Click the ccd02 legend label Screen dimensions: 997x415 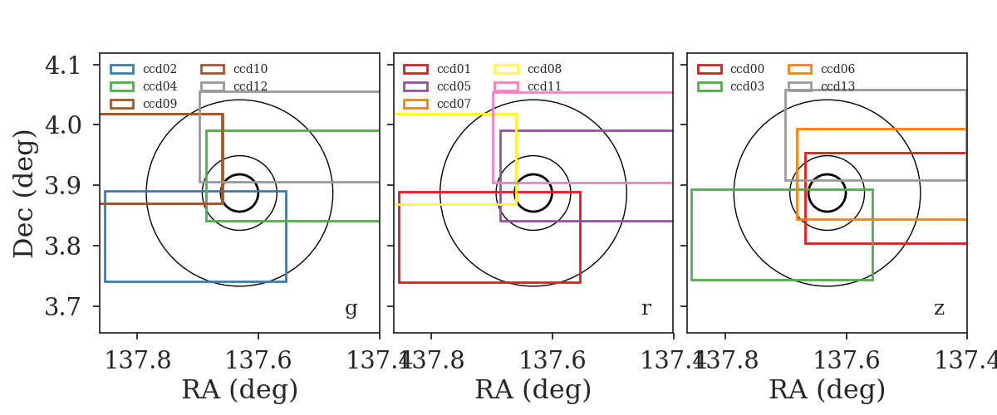tap(160, 69)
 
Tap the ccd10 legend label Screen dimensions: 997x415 tap(251, 69)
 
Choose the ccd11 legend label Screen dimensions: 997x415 tap(544, 86)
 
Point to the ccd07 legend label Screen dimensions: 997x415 tap(454, 104)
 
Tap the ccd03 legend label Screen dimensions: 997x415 tap(747, 86)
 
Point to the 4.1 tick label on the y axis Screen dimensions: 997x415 tap(63, 66)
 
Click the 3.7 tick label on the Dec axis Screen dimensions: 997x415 tap(63, 307)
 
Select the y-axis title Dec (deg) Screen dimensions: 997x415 tap(23, 193)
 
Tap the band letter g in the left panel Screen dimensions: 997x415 tap(351, 308)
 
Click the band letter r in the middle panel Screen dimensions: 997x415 tap(646, 308)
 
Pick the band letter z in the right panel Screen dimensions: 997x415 tap(939, 308)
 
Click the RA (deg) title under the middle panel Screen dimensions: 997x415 tap(533, 390)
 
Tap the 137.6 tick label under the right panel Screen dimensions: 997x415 tap(846, 360)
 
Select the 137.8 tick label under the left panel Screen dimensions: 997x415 tap(138, 360)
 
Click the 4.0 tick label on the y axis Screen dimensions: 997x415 tap(63, 125)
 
